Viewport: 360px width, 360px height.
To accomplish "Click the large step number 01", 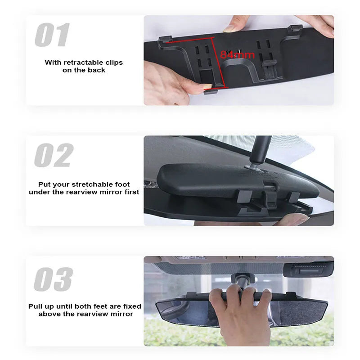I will [52, 35].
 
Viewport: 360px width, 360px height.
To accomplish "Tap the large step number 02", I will [54, 155].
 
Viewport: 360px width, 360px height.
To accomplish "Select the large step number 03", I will [53, 279].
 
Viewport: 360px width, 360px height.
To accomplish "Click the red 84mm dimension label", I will [238, 55].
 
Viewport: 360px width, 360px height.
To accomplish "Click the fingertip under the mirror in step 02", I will [292, 220].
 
